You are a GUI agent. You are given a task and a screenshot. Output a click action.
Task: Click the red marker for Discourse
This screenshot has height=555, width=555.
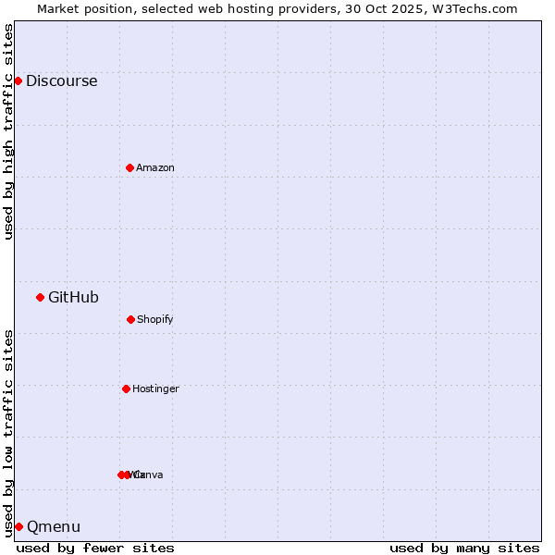click(18, 80)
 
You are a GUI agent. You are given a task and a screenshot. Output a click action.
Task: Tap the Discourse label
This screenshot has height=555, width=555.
click(61, 80)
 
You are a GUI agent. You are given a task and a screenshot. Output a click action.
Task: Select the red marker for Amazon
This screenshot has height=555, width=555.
click(129, 167)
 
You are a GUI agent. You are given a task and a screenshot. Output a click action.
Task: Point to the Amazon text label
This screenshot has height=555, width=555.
click(155, 167)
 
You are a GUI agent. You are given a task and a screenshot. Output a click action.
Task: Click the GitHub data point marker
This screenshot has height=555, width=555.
click(40, 297)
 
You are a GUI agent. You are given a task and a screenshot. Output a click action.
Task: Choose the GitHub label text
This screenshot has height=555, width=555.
click(73, 297)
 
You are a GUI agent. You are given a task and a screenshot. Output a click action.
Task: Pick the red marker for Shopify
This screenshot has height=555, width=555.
click(130, 319)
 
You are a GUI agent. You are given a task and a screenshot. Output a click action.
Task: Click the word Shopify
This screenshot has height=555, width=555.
click(155, 319)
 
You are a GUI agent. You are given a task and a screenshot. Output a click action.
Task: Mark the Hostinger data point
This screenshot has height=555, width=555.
click(126, 388)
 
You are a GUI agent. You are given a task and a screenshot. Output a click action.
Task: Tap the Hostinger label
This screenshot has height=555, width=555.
click(155, 388)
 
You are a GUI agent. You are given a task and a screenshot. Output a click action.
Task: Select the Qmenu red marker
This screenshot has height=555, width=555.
click(18, 526)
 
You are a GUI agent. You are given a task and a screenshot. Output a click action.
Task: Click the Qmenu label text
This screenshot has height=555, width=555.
click(54, 526)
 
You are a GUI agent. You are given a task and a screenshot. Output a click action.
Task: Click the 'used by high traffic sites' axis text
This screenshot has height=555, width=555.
click(8, 131)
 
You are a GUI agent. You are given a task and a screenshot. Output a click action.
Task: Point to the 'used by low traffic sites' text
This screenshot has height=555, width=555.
click(8, 432)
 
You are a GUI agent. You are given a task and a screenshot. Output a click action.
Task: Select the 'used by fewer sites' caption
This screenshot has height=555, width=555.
click(95, 548)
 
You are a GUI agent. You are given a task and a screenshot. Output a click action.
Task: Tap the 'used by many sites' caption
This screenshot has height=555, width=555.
click(464, 548)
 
